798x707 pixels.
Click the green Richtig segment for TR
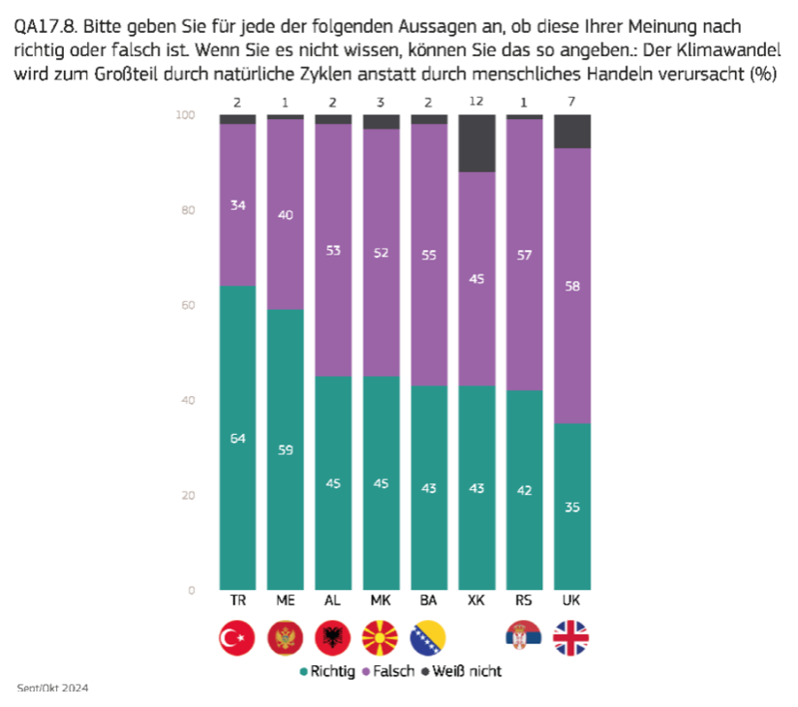tap(237, 438)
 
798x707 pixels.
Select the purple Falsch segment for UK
tap(571, 286)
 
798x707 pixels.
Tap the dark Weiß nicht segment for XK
tap(476, 143)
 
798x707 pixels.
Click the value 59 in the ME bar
tap(285, 449)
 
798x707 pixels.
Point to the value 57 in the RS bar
tap(524, 255)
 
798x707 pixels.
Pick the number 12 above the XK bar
tap(476, 102)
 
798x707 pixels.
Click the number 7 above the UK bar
tap(571, 102)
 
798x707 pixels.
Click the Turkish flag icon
tap(237, 637)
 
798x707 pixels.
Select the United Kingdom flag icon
tap(571, 637)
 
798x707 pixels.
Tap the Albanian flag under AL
tap(332, 637)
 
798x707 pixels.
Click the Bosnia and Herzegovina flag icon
tap(428, 637)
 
